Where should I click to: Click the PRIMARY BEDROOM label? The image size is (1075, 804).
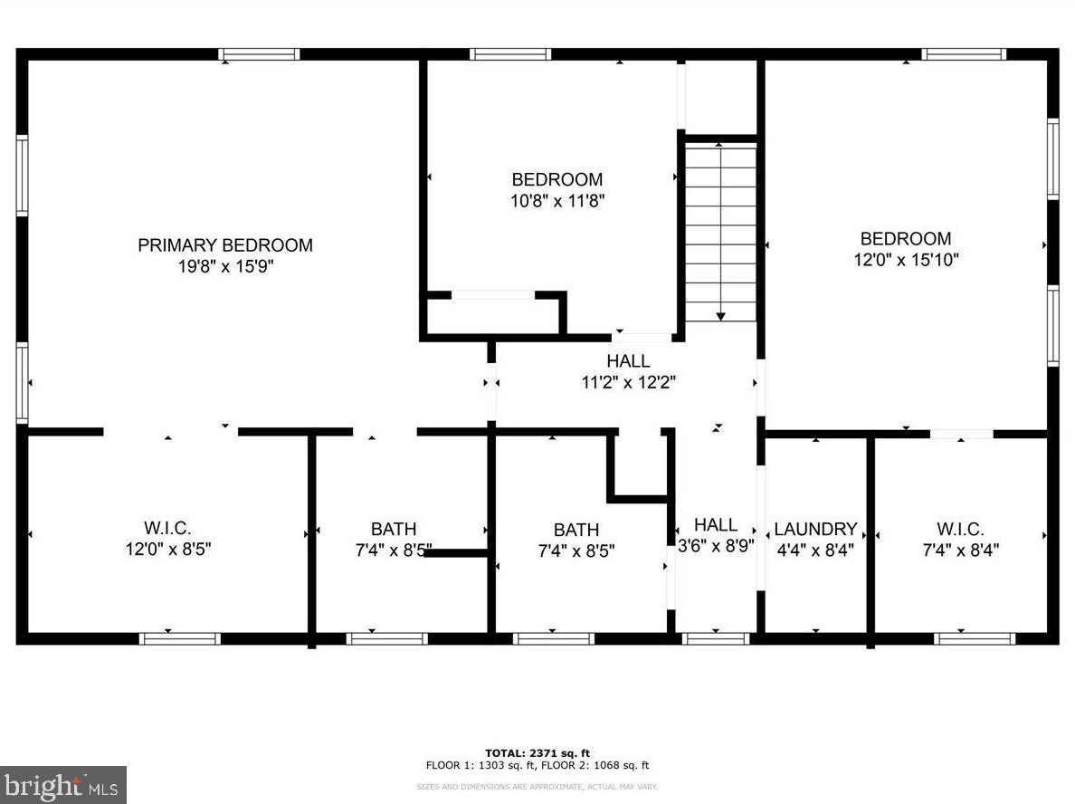coord(225,244)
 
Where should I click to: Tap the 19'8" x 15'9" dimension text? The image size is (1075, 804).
coord(225,266)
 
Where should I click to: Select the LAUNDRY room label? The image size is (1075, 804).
coord(815,529)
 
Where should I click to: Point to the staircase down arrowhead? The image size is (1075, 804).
coord(720,316)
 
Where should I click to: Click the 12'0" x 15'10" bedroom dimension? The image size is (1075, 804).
coord(906,259)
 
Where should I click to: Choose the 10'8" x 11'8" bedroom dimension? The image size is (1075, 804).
coord(557,201)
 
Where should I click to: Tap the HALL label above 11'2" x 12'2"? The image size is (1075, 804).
coord(628,361)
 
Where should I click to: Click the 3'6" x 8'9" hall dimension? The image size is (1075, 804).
coord(716,546)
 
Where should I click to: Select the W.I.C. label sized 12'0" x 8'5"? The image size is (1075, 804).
coord(167,528)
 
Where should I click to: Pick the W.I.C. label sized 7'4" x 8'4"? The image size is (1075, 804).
coord(960,529)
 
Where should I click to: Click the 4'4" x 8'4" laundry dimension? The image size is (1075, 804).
coord(815,550)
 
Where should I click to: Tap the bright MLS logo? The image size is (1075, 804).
coord(63,785)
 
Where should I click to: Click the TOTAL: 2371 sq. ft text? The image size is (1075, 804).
coord(537,753)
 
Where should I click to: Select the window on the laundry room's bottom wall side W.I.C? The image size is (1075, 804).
coord(975,638)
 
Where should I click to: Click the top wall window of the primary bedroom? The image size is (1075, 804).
coord(259,54)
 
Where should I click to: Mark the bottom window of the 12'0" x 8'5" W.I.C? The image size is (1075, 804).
coord(180,638)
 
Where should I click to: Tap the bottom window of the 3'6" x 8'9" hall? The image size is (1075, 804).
coord(715,638)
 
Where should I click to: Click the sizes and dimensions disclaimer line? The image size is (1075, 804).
coord(537,787)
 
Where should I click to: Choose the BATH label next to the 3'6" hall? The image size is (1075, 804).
coord(576,530)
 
